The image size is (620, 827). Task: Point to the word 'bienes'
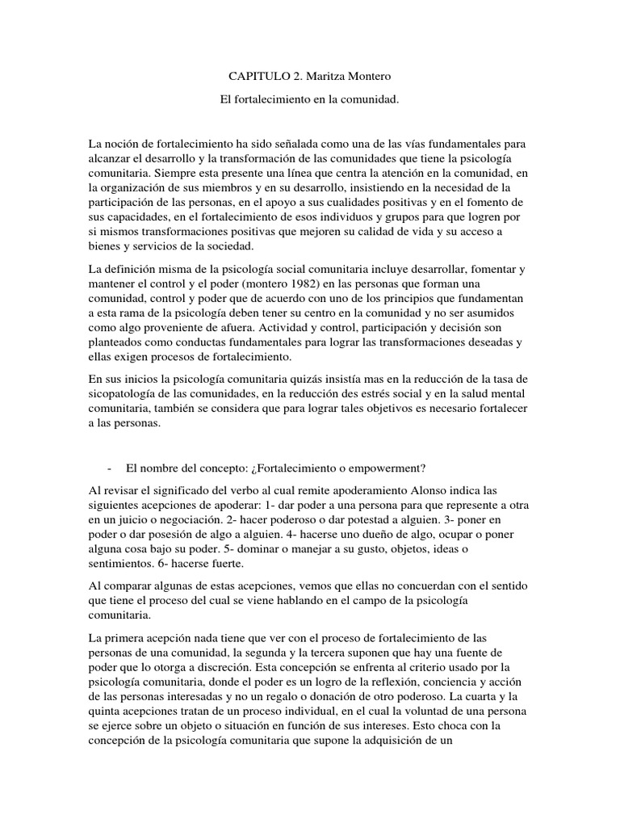106,246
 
